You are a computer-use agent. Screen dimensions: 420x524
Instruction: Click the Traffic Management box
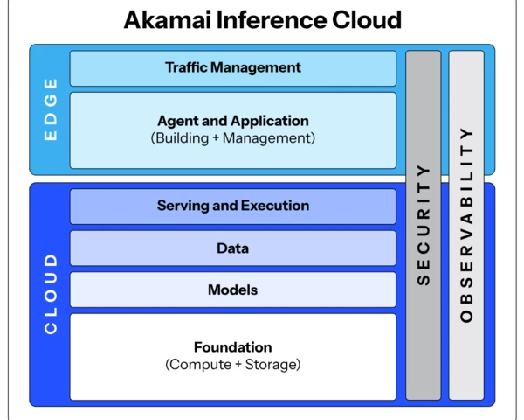233,67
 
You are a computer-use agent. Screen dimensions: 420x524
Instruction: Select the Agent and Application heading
233,121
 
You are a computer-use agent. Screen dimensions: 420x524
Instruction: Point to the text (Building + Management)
233,138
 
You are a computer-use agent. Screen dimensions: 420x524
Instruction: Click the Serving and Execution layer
233,206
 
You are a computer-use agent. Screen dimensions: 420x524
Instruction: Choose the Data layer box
233,248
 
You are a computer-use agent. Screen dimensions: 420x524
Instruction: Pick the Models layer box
233,290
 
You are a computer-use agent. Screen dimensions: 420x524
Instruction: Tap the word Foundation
233,347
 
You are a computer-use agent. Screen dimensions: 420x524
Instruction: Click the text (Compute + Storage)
233,365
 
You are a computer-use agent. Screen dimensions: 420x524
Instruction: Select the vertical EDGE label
50,109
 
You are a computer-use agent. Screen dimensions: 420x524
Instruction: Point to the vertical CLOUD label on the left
50,293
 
